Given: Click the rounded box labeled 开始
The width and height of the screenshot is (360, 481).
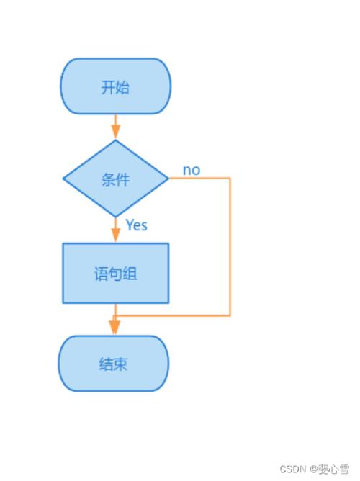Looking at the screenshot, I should (116, 86).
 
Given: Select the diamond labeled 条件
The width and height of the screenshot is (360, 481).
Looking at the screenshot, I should (116, 178).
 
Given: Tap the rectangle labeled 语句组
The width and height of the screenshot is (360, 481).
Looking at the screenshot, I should (116, 273).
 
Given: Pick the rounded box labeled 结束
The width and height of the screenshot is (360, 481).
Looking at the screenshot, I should (113, 363).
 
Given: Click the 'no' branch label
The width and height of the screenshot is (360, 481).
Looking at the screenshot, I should (191, 170).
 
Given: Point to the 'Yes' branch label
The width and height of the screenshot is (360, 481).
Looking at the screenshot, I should (136, 225).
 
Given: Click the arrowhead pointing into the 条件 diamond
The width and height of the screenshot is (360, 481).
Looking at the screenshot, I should (116, 132).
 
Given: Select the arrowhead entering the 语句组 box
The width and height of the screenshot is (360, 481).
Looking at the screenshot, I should (116, 235).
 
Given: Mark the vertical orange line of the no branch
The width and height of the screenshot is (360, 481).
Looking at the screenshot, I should (230, 245).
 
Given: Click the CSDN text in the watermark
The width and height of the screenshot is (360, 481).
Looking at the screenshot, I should (292, 468).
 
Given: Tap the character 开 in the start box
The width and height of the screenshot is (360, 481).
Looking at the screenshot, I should (108, 87).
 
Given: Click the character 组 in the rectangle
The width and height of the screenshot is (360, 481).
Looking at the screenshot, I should (130, 274).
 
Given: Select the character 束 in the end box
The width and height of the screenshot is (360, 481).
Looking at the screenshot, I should (120, 364).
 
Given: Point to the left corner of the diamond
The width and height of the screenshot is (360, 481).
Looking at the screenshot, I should (64, 178).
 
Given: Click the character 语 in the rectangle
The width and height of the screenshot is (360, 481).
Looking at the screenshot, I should (102, 274).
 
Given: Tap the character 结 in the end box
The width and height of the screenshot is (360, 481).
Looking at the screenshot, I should (106, 364).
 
